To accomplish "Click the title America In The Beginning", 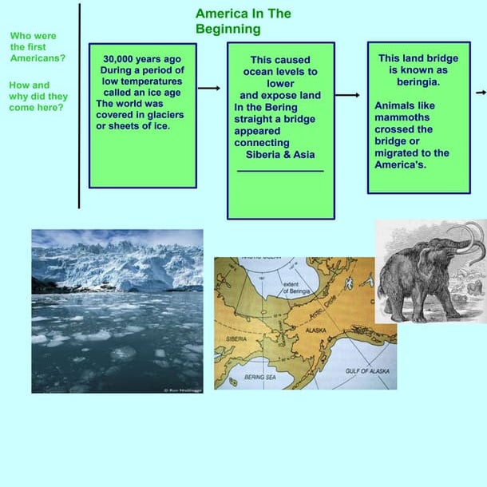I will (x=243, y=22).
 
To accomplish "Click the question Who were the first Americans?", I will (x=38, y=47).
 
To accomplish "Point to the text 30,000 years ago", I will (x=142, y=59).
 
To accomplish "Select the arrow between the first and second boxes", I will (x=209, y=89).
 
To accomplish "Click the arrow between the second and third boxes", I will (x=348, y=95).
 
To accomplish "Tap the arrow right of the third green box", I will (x=481, y=93).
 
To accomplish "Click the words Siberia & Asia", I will (x=281, y=154).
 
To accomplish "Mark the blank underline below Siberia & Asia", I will (x=280, y=170).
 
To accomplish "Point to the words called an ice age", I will (x=142, y=91).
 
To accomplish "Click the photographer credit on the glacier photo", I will (x=182, y=390).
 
